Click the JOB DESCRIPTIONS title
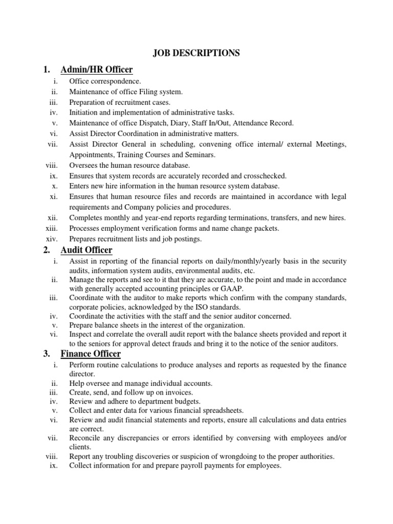196,53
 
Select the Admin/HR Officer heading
97,70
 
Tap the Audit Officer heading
86,250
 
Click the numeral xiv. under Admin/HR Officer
54,238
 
